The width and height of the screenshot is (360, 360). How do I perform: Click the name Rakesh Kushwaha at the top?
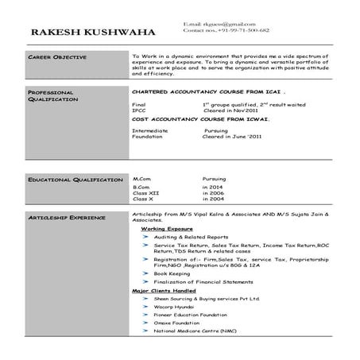[x=94, y=31]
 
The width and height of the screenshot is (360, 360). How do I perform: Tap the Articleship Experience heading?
[x=67, y=216]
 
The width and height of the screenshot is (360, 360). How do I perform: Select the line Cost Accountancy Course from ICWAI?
[x=200, y=119]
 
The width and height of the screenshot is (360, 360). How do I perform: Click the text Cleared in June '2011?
[x=233, y=137]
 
